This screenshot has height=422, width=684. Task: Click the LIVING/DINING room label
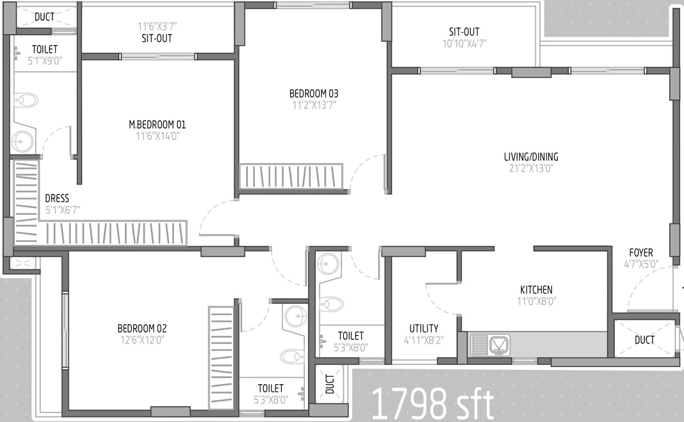click(531, 157)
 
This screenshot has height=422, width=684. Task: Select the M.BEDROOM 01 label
click(157, 125)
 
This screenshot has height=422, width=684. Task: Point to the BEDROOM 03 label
click(314, 93)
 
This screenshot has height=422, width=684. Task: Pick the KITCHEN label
click(536, 290)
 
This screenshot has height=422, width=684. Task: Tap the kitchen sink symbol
click(491, 345)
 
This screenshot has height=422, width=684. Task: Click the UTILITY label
click(424, 329)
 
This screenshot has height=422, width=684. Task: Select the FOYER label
click(641, 253)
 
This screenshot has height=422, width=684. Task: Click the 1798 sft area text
click(432, 404)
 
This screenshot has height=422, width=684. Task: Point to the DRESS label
click(57, 198)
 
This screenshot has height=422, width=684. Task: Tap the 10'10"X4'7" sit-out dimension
click(464, 43)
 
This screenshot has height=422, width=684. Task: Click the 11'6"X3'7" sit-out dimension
click(157, 26)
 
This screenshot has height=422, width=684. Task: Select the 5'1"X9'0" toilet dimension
click(45, 61)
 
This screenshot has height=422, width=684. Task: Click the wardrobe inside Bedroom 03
click(291, 176)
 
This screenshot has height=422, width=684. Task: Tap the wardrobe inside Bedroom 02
click(221, 357)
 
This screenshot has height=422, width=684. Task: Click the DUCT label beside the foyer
click(644, 340)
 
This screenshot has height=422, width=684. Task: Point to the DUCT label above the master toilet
click(45, 17)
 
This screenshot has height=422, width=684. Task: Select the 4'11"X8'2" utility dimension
click(424, 340)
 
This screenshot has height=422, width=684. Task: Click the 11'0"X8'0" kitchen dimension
click(536, 301)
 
